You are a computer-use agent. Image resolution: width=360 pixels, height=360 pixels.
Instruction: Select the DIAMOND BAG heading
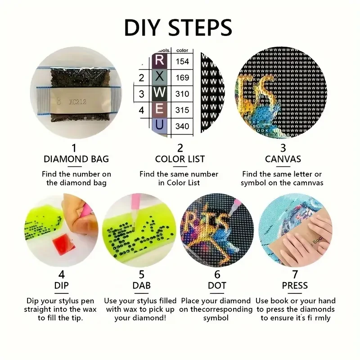(x=76, y=159)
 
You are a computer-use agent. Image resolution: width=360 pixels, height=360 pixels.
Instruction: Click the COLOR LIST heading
(x=180, y=159)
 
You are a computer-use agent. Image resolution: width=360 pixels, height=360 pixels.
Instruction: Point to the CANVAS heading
(x=283, y=159)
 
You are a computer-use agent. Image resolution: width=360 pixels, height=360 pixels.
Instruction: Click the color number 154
(x=182, y=61)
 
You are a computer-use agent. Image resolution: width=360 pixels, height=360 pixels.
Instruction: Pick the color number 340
(x=182, y=126)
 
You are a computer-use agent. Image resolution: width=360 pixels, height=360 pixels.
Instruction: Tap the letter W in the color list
(x=160, y=94)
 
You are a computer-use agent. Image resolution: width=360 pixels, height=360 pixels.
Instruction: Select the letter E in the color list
(x=160, y=110)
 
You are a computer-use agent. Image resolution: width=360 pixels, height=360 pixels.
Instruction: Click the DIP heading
(x=61, y=285)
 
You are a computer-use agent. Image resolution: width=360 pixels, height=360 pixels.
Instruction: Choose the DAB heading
(x=141, y=285)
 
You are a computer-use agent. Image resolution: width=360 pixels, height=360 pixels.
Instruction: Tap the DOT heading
(x=217, y=285)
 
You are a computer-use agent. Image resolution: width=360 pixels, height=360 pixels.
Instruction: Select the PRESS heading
(x=295, y=285)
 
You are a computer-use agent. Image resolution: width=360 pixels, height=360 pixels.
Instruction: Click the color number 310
(x=182, y=94)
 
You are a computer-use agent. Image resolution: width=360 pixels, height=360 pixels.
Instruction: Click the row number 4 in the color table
(x=141, y=110)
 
